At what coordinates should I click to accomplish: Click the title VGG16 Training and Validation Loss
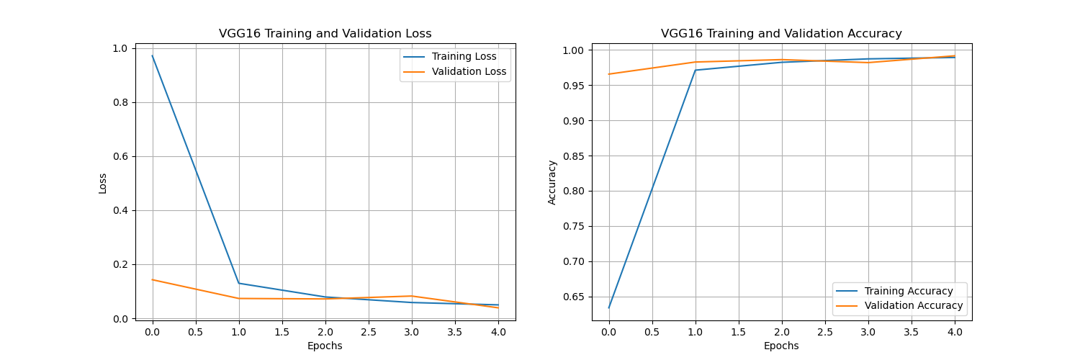(325, 34)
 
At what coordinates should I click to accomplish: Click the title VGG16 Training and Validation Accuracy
(781, 34)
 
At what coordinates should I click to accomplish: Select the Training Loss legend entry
(464, 57)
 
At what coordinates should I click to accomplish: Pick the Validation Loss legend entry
(469, 72)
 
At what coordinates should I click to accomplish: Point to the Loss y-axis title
(103, 183)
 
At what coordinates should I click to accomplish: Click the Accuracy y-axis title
(552, 183)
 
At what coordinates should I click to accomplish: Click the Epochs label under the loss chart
(325, 346)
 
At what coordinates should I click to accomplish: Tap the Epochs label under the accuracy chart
(781, 346)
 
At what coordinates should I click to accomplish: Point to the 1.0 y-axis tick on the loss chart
(120, 48)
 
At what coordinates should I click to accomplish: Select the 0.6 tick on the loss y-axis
(120, 156)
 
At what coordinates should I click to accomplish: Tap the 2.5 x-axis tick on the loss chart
(369, 332)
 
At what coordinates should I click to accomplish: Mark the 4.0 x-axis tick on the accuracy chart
(955, 332)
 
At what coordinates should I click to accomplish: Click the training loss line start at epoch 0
(152, 56)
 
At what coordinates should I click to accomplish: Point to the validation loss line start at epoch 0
(152, 279)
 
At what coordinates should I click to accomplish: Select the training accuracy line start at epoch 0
(608, 308)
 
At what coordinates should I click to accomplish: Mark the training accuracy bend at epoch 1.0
(695, 70)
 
